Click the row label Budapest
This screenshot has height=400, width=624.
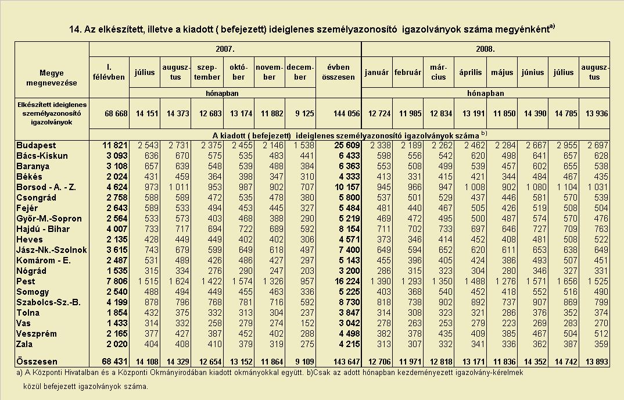coord(36,145)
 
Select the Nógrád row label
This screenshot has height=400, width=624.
coord(31,271)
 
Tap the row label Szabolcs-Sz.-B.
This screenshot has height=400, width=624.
coord(49,302)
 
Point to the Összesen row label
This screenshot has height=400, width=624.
coord(37,362)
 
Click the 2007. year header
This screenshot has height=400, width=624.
coord(225,49)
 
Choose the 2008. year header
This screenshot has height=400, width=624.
coord(486,49)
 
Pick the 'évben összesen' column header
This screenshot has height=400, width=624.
coord(338,72)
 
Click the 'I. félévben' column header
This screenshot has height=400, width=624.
coord(109,72)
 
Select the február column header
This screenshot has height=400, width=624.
coord(407,73)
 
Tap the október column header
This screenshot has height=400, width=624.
coord(238,72)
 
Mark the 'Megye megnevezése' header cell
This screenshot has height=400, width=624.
coord(52,78)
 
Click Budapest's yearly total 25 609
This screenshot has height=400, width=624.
coord(347,145)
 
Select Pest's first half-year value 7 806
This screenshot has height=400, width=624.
coord(115,281)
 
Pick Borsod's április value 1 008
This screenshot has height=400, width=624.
coord(474,187)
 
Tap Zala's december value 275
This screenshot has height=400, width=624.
coord(307,344)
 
